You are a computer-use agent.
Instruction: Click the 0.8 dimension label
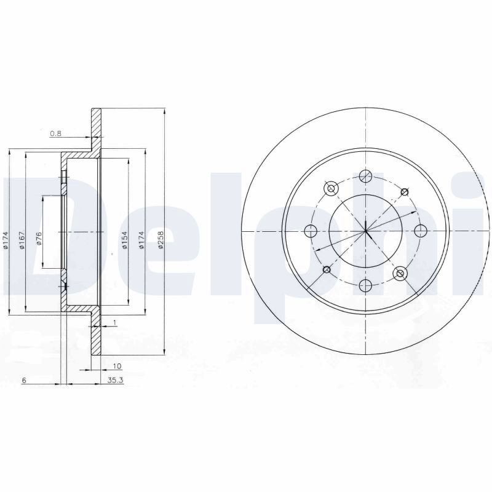55,133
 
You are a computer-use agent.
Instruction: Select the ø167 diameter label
22,240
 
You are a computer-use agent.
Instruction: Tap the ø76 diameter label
39,239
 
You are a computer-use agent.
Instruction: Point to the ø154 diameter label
125,240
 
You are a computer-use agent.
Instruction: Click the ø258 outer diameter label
161,240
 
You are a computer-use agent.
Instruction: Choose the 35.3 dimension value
116,381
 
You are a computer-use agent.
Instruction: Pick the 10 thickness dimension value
117,366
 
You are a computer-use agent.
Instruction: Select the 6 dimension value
23,381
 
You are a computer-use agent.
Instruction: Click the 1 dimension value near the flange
114,322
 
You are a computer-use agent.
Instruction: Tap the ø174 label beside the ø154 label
141,240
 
